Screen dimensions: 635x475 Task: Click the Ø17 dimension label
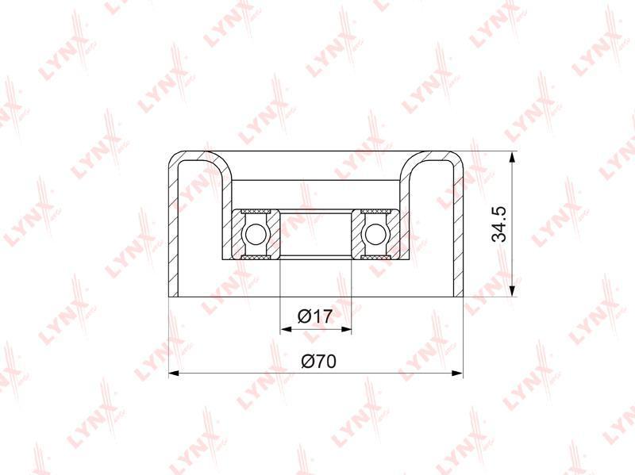pos(315,316)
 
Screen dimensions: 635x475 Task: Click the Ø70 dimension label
pos(319,362)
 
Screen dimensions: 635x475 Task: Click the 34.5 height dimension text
pos(499,224)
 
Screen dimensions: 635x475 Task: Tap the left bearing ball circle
pos(254,234)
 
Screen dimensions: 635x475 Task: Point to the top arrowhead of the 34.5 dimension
pos(512,158)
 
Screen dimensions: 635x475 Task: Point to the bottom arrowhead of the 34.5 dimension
pos(512,291)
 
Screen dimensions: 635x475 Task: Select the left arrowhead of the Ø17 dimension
pos(286,329)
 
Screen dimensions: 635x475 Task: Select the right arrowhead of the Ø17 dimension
pos(345,329)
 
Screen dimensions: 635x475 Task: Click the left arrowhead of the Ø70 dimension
pos(175,373)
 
